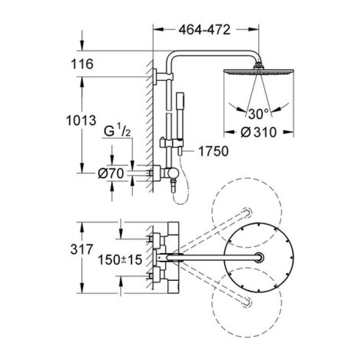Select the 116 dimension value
82,64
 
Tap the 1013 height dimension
82,121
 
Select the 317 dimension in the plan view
81,251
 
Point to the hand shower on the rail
181,105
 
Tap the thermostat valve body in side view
164,173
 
